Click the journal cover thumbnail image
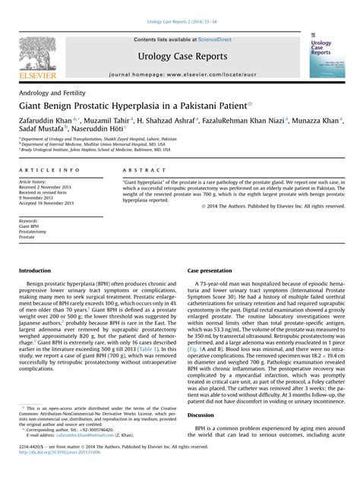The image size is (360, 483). point(327,55)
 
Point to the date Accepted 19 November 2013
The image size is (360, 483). point(47,204)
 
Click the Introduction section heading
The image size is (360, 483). point(35,270)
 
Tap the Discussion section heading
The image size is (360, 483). point(201,415)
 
